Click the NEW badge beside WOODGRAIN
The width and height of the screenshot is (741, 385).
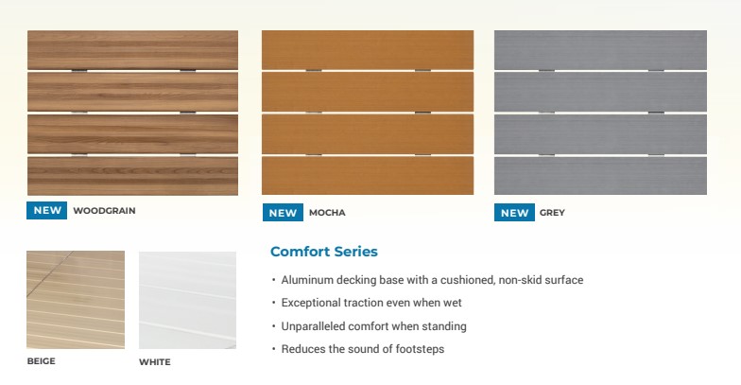pos(47,210)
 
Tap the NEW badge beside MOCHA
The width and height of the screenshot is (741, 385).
pos(283,213)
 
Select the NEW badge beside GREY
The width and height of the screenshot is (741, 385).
pos(514,213)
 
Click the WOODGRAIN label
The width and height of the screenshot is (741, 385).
pos(104,211)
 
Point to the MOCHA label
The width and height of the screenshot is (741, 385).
pos(327,213)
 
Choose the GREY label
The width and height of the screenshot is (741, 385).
pos(552,213)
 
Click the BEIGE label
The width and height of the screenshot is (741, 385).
pos(42,361)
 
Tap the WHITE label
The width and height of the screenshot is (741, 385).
pos(155,362)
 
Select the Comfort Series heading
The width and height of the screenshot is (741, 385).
pos(323,252)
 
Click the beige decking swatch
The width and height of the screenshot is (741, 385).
pos(76,300)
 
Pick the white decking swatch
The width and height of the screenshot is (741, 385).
pos(187,301)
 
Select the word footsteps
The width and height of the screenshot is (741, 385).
pos(420,349)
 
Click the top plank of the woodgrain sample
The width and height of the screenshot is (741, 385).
pos(132,50)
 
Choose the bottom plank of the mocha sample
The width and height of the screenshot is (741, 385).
pos(368,175)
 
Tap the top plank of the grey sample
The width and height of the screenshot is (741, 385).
pos(601,50)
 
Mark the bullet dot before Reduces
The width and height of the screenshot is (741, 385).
pos(274,350)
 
